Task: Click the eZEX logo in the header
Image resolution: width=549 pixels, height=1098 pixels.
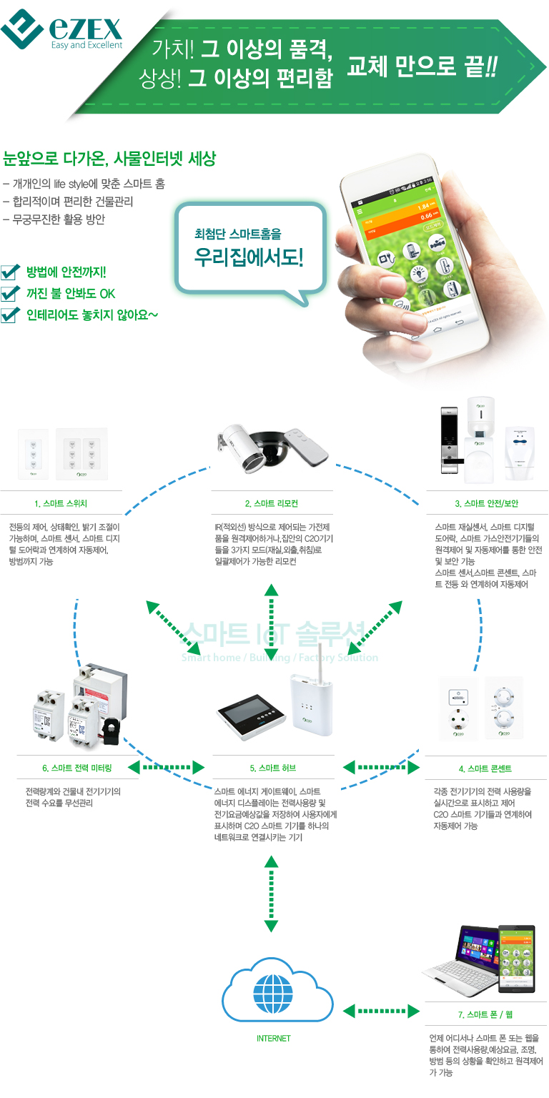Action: pyautogui.click(x=62, y=31)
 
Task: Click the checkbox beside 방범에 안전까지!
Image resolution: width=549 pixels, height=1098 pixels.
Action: pyautogui.click(x=9, y=272)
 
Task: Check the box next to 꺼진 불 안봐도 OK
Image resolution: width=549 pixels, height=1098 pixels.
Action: pyautogui.click(x=9, y=293)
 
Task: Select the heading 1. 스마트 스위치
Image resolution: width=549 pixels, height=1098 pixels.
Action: pyautogui.click(x=61, y=503)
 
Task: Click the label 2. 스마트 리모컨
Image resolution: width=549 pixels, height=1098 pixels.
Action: pyautogui.click(x=272, y=503)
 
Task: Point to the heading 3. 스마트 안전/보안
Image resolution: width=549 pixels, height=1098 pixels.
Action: pyautogui.click(x=485, y=503)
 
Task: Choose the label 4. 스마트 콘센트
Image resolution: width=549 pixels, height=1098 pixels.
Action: pyautogui.click(x=485, y=768)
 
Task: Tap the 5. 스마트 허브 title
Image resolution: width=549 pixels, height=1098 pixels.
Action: pyautogui.click(x=272, y=768)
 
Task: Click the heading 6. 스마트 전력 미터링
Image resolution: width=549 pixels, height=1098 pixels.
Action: pyautogui.click(x=76, y=768)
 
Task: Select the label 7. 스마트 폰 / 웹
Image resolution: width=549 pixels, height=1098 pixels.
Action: pyautogui.click(x=485, y=1014)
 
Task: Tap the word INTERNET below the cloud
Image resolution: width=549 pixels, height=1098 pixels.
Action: pyautogui.click(x=273, y=1038)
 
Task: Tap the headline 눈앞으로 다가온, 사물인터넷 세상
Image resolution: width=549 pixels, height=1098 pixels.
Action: pyautogui.click(x=109, y=158)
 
